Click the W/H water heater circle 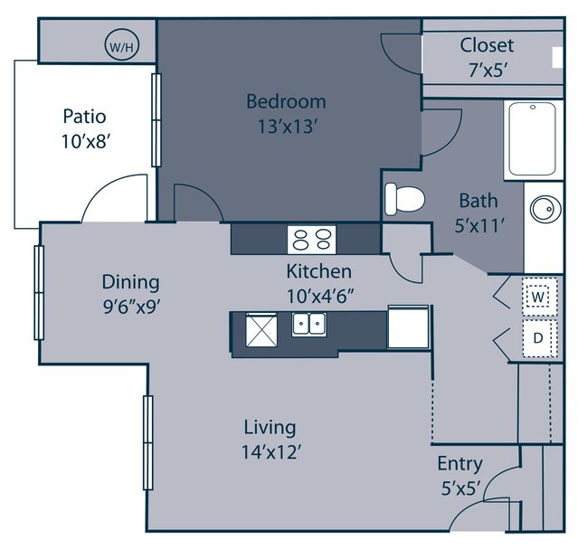point(122,46)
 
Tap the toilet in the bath point(404,199)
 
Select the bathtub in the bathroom point(532,139)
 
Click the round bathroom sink point(545,210)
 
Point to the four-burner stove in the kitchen point(312,240)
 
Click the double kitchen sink point(309,324)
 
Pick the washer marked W point(538,298)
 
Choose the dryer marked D point(539,338)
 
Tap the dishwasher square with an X point(261,330)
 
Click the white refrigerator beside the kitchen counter point(409,327)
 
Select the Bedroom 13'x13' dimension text point(287,127)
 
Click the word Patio point(84,117)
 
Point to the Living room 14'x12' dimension point(271,452)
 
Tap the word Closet point(487,45)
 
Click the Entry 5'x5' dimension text point(461,489)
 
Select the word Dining point(130,283)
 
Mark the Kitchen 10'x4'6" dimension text point(320,296)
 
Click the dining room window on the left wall point(39,293)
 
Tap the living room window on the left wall point(147,442)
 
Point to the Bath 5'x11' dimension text point(479,226)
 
